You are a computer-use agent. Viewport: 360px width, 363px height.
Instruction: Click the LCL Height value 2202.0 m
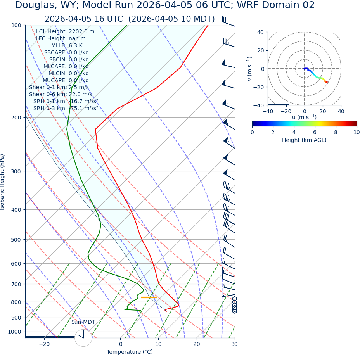coord(81,32)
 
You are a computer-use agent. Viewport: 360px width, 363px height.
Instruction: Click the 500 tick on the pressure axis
coord(16,240)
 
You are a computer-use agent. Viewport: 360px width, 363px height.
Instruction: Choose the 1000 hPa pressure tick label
coord(15,332)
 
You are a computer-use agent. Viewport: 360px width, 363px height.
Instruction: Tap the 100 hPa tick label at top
coord(16,25)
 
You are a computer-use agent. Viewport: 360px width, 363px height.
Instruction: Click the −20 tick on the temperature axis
coord(44,344)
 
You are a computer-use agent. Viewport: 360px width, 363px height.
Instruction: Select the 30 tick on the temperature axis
coord(234,344)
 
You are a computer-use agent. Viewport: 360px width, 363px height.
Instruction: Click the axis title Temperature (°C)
coord(130,352)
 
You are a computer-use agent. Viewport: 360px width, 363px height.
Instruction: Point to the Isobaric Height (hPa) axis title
coord(3,182)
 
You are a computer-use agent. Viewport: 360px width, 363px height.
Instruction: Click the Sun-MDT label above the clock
coord(83,322)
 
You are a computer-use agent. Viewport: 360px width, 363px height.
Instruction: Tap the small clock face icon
coord(83,338)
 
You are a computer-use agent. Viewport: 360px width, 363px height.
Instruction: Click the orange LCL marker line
coord(149,297)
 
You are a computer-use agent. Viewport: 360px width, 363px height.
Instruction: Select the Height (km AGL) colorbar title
coord(304,140)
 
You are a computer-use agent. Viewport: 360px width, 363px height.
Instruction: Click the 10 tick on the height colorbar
coord(356,132)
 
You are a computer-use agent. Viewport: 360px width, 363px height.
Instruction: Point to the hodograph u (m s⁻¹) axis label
coord(304,117)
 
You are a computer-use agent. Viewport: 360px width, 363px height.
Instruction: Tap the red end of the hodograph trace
coord(327,82)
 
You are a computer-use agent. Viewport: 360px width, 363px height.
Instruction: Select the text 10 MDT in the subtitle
coord(197,19)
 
